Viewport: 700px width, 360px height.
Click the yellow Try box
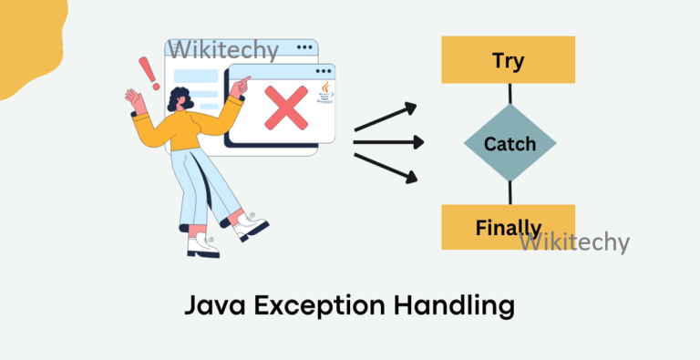508,60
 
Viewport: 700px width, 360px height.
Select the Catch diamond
510,144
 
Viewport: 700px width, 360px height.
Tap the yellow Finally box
508,227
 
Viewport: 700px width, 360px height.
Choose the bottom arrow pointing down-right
385,166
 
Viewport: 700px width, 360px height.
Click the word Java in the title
218,305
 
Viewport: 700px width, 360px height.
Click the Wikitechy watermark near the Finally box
574,242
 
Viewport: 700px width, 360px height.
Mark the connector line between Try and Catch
510,93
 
